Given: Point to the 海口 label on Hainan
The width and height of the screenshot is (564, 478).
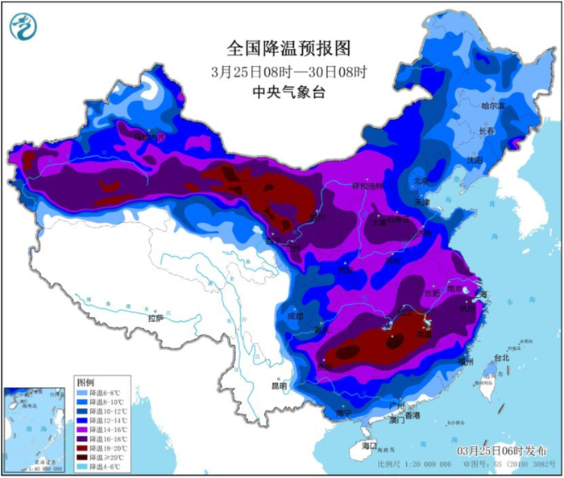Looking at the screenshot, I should [x=369, y=445].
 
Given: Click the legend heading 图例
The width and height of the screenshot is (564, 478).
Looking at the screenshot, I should [x=85, y=380].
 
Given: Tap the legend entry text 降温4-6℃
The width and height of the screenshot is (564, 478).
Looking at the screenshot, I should [x=106, y=467].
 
